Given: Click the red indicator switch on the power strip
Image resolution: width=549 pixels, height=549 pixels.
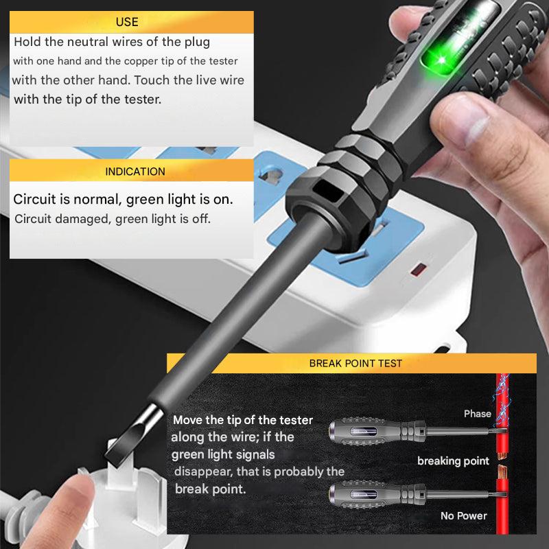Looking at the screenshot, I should pos(417,268).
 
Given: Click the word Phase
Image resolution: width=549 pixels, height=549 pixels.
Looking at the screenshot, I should pos(477,414).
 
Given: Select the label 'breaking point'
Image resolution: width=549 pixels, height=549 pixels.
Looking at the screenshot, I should pos(453,460).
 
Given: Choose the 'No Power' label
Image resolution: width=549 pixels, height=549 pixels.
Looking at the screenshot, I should pos(464,515).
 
